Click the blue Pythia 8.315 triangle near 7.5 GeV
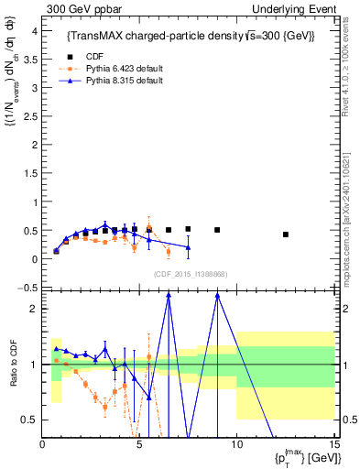[x=188, y=247]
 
